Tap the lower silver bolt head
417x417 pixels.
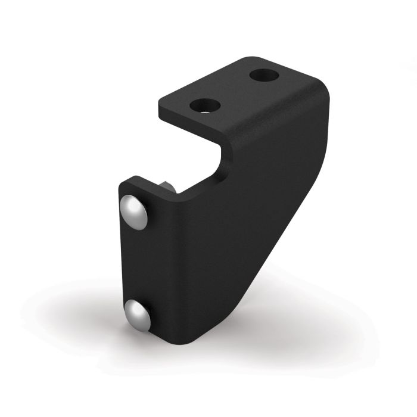[137, 313]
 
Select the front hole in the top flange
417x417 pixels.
[205, 106]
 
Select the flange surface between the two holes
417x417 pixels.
[234, 91]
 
